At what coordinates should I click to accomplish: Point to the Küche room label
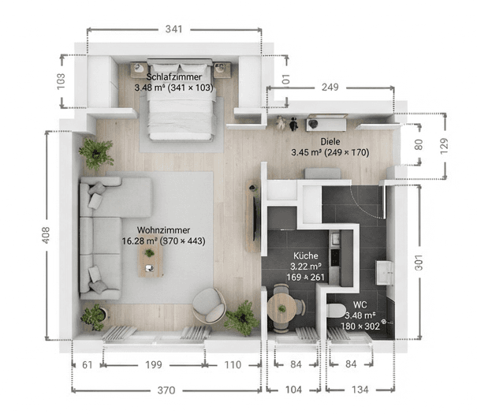[x=306, y=256]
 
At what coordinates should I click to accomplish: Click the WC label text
[x=359, y=304]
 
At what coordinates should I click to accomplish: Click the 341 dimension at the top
[x=174, y=29]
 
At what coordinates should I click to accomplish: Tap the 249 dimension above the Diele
[x=330, y=86]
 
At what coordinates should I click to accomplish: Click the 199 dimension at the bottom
[x=154, y=364]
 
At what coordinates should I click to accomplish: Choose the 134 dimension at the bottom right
[x=360, y=390]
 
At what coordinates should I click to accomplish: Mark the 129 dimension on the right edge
[x=443, y=144]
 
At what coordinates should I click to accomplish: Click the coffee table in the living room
[x=149, y=265]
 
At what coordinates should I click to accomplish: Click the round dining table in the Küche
[x=281, y=305]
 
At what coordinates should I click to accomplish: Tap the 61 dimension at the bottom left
[x=87, y=364]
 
